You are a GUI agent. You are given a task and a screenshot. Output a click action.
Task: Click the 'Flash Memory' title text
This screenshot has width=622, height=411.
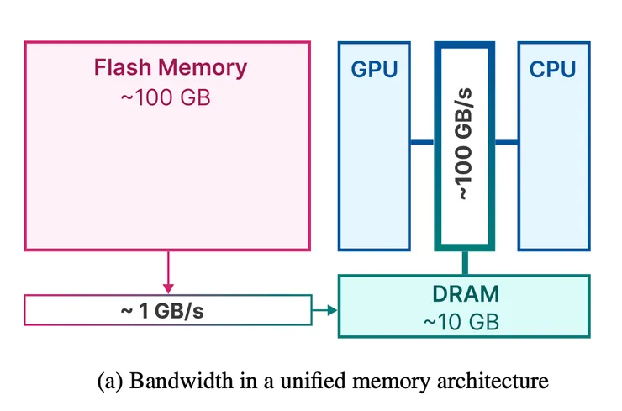point(171,67)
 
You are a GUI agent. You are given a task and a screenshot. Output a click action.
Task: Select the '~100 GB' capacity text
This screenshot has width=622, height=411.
point(165,97)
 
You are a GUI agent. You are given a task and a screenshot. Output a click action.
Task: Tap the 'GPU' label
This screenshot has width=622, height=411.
point(374,70)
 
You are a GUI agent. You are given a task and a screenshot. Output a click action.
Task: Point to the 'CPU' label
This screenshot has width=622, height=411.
point(552,70)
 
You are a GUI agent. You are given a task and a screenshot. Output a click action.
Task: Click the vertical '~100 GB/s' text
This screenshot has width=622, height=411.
point(463,143)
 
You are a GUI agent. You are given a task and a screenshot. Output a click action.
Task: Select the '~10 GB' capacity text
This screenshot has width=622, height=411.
point(464,320)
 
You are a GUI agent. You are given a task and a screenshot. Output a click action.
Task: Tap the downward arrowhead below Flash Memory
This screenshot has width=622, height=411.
point(168,288)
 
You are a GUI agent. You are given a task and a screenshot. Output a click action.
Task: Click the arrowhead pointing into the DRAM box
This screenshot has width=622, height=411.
point(331,311)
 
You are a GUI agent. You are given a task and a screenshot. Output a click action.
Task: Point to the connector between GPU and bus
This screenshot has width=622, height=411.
point(422,143)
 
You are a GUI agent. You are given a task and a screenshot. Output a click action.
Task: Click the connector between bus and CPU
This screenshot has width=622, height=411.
point(505,143)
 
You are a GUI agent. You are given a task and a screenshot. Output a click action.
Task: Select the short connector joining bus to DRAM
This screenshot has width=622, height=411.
point(464,261)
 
